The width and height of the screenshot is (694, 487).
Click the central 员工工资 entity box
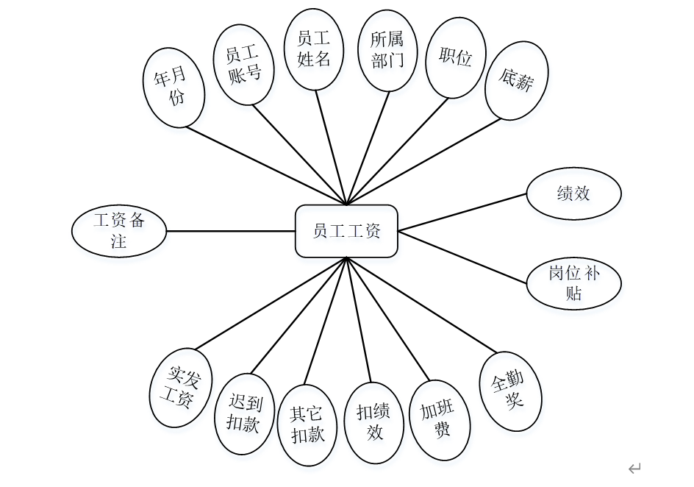tap(347, 231)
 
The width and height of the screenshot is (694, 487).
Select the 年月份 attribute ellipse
tap(174, 87)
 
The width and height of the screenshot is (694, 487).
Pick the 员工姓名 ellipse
tap(315, 49)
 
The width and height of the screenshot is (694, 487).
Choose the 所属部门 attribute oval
tap(387, 50)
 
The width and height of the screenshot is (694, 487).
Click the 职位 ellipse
tap(455, 58)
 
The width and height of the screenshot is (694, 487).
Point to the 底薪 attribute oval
tap(515, 80)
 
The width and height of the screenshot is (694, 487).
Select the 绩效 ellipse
tap(574, 194)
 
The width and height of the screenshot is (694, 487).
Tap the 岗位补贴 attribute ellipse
tap(574, 283)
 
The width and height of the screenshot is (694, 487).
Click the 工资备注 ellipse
tap(119, 231)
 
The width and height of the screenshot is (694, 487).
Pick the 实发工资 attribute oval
tap(179, 388)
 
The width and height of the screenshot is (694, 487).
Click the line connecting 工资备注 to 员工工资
tap(231, 231)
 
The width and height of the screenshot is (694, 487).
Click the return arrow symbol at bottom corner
tap(634, 467)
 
